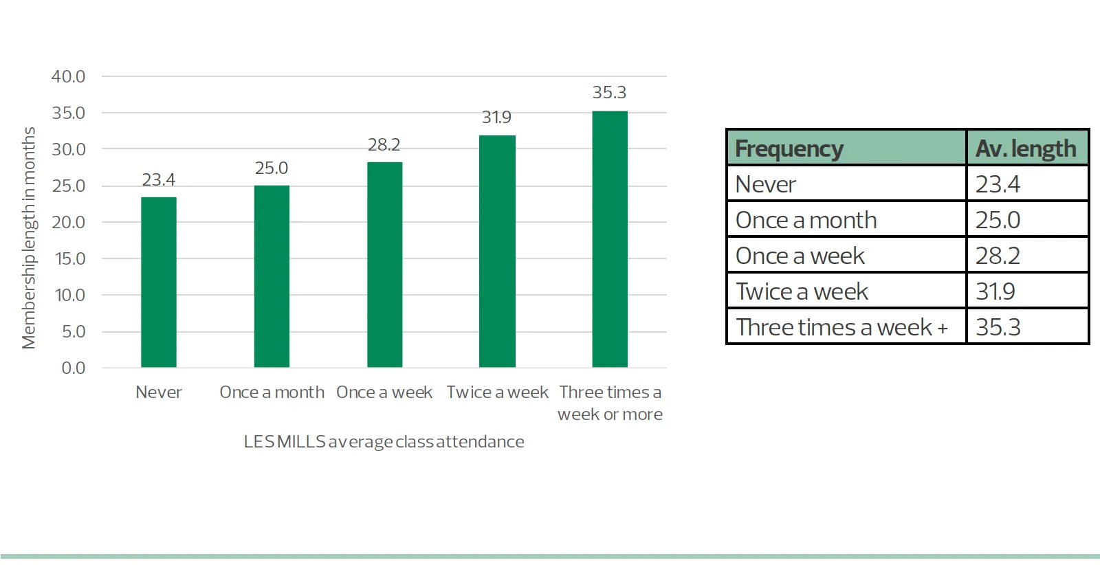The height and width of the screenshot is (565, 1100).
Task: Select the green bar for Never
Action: coord(159,282)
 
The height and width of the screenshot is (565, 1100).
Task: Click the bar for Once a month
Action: coord(272,276)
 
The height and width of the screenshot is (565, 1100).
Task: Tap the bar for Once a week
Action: coord(384,265)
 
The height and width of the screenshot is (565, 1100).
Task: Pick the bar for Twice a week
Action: coord(497,251)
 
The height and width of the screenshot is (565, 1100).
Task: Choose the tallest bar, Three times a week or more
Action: coord(610,239)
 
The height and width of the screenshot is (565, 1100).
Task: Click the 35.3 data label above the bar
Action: coord(609,92)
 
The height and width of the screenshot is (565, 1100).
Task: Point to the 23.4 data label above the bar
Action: coord(159,179)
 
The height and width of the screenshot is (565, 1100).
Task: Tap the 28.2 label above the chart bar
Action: coord(384,144)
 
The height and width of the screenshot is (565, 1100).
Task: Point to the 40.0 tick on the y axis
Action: coord(69,76)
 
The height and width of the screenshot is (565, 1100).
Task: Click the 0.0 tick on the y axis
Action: coord(74,368)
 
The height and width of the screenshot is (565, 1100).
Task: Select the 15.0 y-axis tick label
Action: coord(70,258)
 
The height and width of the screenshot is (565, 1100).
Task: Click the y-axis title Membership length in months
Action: coord(29,238)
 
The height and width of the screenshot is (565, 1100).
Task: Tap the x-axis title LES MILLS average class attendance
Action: coord(384,441)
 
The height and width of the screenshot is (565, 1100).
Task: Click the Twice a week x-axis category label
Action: coord(497,392)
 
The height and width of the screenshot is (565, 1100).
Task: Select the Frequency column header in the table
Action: coord(789,148)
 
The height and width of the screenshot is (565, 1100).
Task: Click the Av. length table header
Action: coord(1026,148)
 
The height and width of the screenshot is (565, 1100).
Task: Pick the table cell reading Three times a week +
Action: coord(841,327)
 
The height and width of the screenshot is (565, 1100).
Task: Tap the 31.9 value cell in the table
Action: coord(995,291)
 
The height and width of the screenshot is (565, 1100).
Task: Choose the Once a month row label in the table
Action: coord(806,220)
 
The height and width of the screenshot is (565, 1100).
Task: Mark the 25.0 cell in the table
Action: coord(998,220)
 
